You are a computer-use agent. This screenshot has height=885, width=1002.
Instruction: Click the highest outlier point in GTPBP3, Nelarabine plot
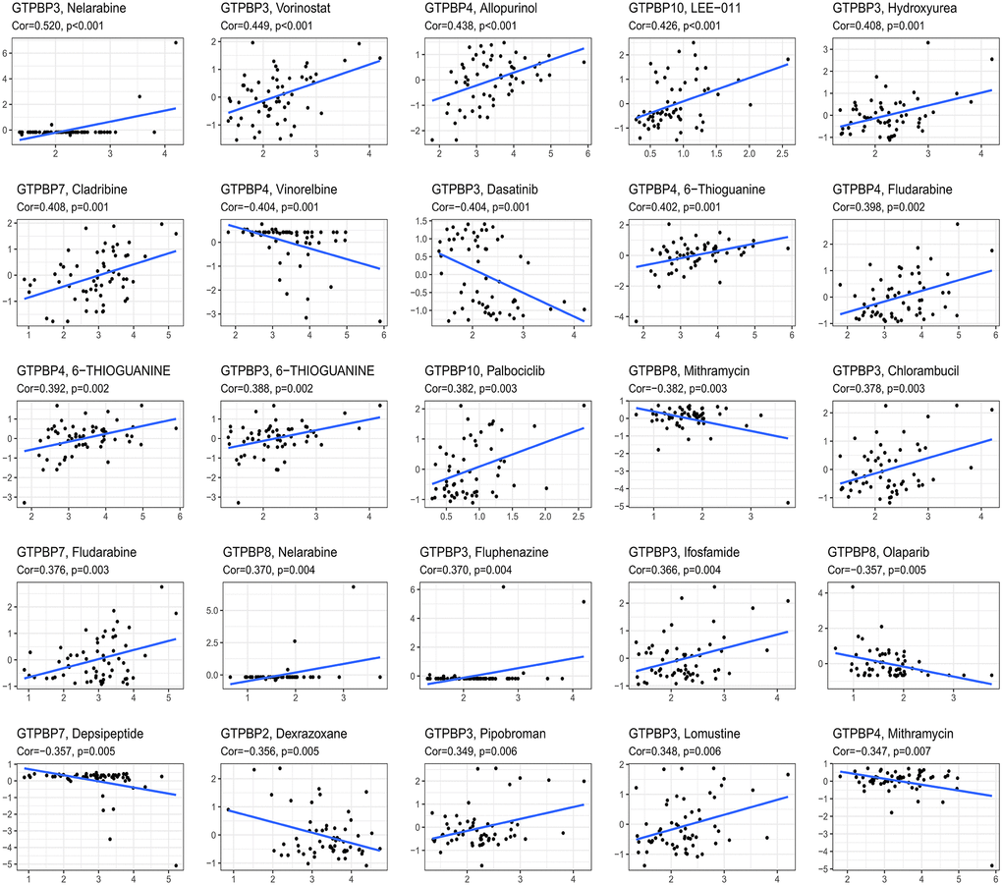[176, 42]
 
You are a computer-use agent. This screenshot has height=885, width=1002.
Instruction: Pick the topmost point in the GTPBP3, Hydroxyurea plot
[926, 42]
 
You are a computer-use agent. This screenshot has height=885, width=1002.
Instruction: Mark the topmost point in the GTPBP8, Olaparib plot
[853, 587]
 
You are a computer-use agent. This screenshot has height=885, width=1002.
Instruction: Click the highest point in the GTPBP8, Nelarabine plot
[352, 587]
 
